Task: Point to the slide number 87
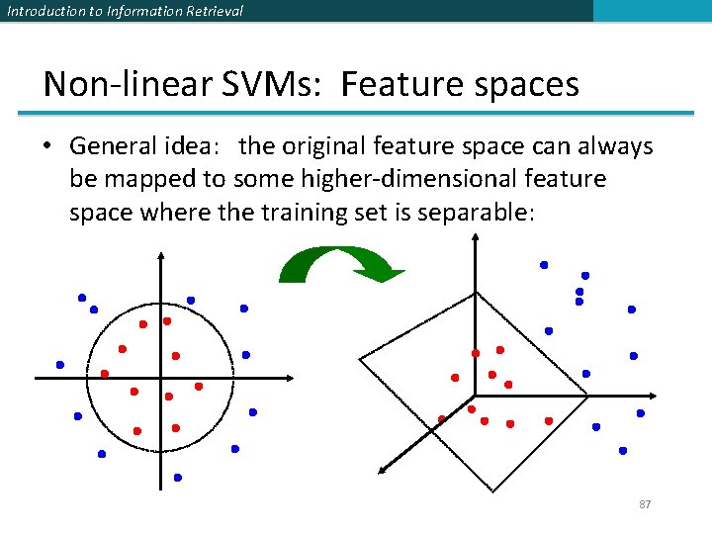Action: coord(645,504)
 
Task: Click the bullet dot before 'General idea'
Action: coord(47,147)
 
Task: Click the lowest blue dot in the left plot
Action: coord(178,477)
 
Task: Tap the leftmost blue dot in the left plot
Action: coord(60,365)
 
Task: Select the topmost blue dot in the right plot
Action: coord(543,265)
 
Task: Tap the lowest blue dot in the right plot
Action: coord(623,450)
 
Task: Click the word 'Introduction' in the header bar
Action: coord(37,11)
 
